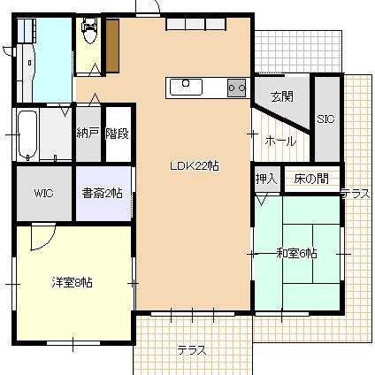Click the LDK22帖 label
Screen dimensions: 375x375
(x=195, y=166)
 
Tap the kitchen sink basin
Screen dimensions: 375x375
(x=186, y=87)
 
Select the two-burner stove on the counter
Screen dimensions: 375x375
(x=236, y=88)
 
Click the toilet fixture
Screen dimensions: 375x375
(x=89, y=30)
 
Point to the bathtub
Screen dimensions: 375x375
(x=27, y=134)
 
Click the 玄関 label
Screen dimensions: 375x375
(x=282, y=96)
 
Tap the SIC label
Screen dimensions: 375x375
(x=325, y=119)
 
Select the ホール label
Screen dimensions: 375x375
(x=280, y=142)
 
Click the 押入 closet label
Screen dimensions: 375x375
(x=266, y=179)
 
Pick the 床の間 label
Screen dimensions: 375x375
(x=311, y=179)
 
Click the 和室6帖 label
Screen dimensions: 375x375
(x=296, y=253)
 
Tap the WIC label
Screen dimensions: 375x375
(x=44, y=194)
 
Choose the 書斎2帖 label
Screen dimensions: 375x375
(x=102, y=194)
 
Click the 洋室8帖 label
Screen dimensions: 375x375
(x=73, y=282)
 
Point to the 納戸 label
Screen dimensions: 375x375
(x=88, y=134)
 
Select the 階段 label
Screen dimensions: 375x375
(x=118, y=134)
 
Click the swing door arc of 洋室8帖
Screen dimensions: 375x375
(x=50, y=242)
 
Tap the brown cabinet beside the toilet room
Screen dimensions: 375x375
(x=112, y=46)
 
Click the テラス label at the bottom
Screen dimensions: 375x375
(x=191, y=350)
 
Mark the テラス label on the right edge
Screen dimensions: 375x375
(x=356, y=194)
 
